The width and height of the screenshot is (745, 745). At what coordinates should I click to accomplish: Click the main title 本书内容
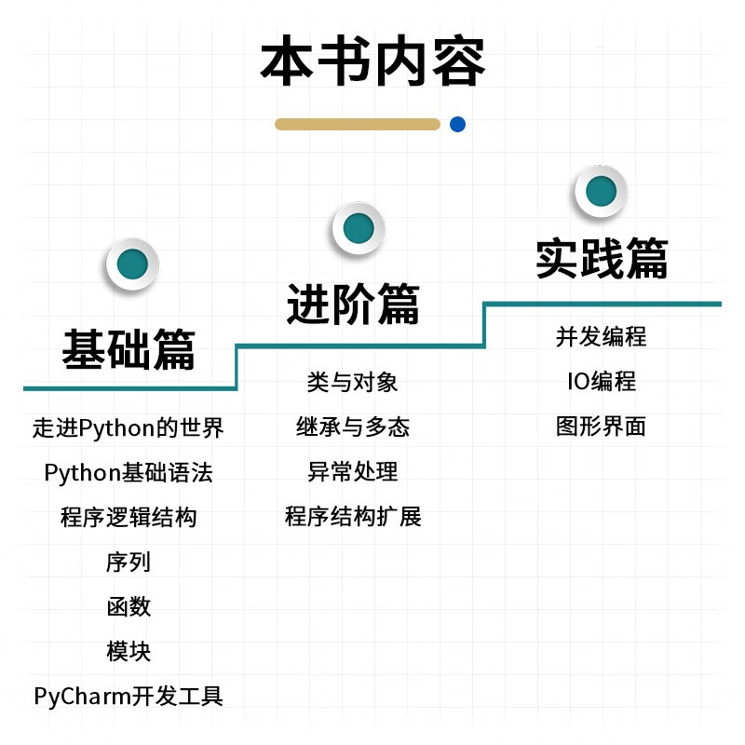pos(372,62)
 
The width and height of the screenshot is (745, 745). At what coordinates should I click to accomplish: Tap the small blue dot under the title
pos(457,124)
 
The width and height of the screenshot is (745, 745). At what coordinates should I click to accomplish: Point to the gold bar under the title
pos(358,124)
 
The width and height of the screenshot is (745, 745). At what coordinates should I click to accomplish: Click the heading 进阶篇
pos(353,304)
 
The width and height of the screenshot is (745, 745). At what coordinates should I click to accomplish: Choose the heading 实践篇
pos(602,258)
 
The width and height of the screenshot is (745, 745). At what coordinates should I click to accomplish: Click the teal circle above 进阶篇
pos(358,227)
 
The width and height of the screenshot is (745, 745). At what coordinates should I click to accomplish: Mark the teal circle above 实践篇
pos(601,191)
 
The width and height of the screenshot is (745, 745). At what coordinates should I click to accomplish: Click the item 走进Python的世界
pos(129,428)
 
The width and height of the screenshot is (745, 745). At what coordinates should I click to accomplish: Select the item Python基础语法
pos(129,473)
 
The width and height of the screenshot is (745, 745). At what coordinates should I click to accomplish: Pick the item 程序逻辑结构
pos(129,518)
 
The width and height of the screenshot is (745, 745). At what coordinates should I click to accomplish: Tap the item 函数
pos(129,607)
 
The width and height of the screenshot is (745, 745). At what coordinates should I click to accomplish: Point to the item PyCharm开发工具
pos(129,697)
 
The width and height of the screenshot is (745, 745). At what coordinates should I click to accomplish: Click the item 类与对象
pos(353,382)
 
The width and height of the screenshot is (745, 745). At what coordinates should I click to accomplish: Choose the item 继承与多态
pos(353,427)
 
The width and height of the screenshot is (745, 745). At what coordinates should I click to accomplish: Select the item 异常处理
pos(353,472)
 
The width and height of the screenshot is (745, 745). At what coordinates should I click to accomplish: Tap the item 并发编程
pos(602,336)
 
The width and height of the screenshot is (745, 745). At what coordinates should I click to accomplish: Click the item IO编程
pos(602,382)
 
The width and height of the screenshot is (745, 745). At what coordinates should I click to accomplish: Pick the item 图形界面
pos(602,427)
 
